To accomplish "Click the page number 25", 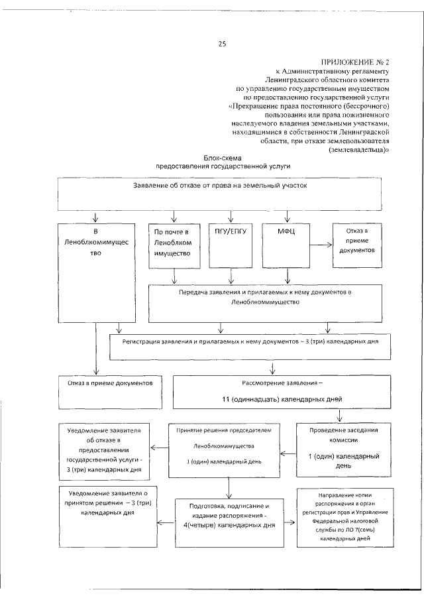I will [222, 44].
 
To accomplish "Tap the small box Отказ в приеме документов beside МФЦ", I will [358, 243].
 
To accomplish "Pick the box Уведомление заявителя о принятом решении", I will [104, 507].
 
